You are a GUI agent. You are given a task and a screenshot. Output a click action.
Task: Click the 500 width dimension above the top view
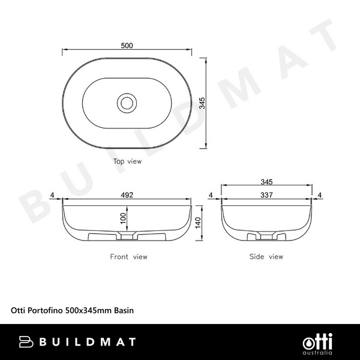coord(127,45)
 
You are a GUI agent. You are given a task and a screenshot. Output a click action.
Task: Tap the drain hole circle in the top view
coord(127,103)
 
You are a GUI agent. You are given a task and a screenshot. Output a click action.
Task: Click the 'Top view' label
coord(127,161)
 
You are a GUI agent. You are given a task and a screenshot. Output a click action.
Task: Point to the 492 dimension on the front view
coord(127,195)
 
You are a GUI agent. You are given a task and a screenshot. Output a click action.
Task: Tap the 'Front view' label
coord(128,257)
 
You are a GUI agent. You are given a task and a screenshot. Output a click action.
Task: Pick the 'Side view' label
coord(266,257)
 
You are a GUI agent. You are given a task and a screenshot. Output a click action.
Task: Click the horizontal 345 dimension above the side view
coord(267,181)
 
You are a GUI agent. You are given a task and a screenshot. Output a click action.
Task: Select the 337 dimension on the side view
coord(267,195)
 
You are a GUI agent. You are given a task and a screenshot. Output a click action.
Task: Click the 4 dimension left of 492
coord(53,195)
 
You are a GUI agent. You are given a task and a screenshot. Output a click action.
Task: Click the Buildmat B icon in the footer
coord(26,342)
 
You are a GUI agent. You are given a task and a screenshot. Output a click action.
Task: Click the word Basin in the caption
coord(124,311)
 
